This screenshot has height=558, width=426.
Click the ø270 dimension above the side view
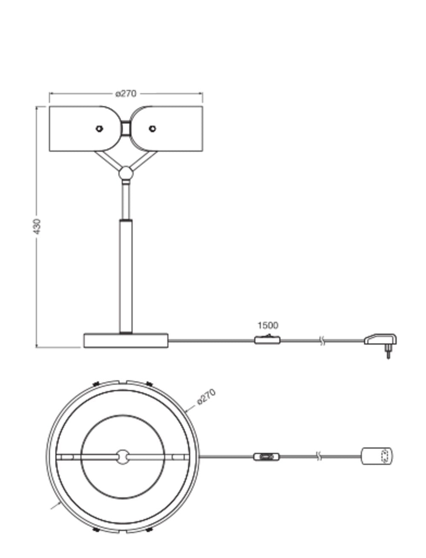pos(126,94)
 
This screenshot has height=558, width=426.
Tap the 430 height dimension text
pos(37,227)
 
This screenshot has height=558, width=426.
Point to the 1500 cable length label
pos(268,325)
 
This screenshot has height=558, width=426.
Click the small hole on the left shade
pos(99,129)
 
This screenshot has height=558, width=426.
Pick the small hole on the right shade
pos(152,129)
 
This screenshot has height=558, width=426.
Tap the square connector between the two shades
pos(126,128)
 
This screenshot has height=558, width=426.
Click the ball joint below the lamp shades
pos(126,173)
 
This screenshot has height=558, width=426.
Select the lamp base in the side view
pos(126,340)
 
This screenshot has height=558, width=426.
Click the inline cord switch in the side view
pos(268,339)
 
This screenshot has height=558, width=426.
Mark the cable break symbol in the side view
pos(322,341)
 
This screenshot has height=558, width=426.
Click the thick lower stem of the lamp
pos(126,276)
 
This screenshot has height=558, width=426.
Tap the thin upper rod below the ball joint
pos(126,200)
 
